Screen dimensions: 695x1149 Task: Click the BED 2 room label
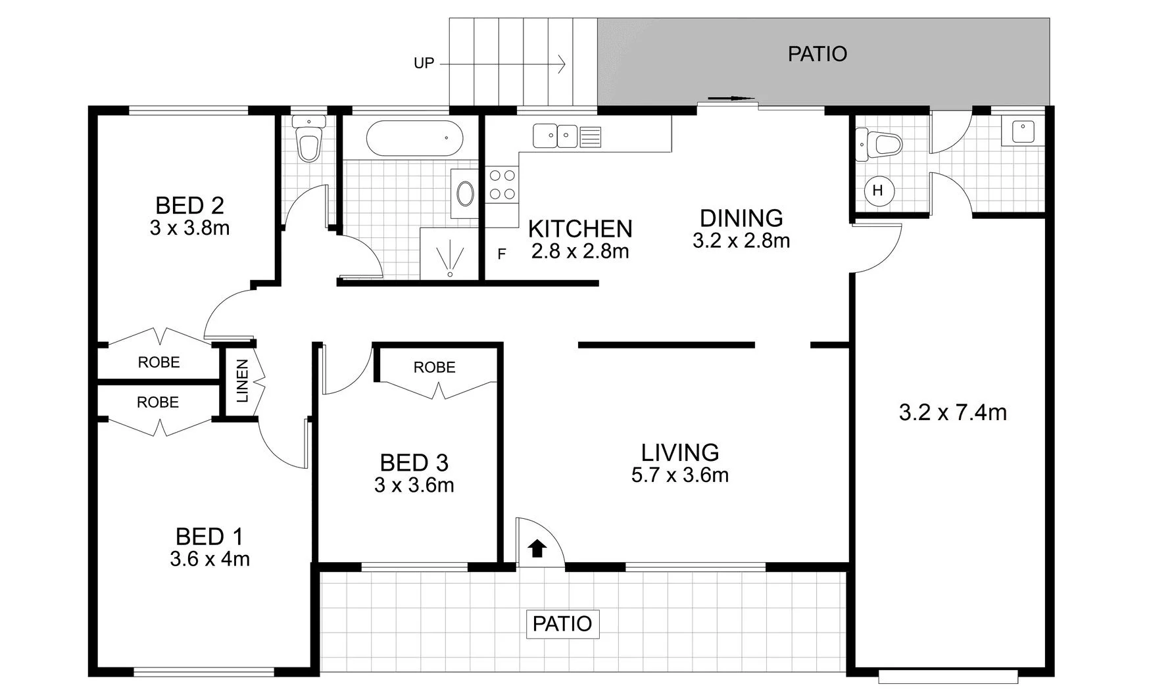click(x=189, y=206)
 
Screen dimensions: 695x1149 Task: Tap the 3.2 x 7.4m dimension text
click(x=952, y=413)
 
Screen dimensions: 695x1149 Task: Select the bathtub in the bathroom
click(x=414, y=139)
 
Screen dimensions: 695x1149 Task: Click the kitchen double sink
click(x=556, y=137)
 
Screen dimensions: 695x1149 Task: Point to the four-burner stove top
click(x=502, y=185)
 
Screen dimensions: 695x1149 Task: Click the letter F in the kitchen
click(x=502, y=254)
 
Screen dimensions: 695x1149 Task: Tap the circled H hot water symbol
click(x=877, y=191)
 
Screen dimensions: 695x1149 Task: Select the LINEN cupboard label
click(x=242, y=381)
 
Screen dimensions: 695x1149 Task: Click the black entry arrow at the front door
click(x=537, y=548)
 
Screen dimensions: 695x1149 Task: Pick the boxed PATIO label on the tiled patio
click(x=562, y=623)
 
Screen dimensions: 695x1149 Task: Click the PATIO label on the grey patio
click(x=817, y=54)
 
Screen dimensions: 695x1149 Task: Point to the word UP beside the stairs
click(x=424, y=64)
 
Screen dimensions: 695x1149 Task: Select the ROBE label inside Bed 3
click(x=434, y=368)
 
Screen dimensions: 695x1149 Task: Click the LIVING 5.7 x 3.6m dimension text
click(x=679, y=475)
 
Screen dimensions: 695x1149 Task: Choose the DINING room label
click(x=741, y=218)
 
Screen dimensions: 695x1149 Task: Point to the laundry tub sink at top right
click(x=1021, y=132)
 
